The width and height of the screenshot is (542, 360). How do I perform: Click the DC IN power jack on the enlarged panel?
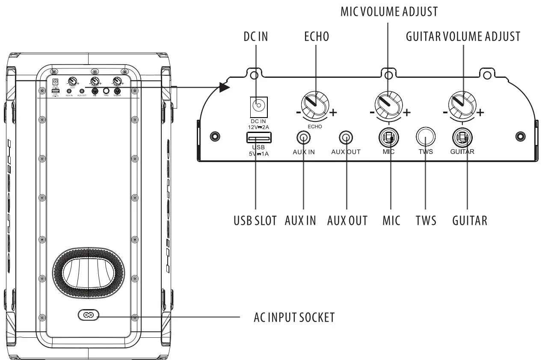click(x=258, y=105)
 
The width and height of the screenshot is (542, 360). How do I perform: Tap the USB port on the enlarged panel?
click(x=258, y=138)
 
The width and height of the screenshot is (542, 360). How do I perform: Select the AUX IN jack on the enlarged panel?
click(x=304, y=138)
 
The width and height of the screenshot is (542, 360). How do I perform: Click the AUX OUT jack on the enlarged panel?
click(x=346, y=138)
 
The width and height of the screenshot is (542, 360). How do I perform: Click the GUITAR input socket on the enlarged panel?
click(x=462, y=138)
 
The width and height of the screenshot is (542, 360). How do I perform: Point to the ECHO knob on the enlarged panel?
click(x=316, y=104)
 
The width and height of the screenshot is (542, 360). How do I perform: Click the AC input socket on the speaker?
click(x=88, y=316)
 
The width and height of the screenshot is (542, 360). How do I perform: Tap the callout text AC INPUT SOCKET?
click(x=294, y=318)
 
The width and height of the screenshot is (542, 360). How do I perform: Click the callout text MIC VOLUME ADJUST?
click(x=389, y=12)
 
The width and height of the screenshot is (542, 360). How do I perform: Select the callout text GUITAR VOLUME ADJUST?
click(x=462, y=37)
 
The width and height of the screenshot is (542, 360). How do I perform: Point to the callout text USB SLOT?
click(x=255, y=221)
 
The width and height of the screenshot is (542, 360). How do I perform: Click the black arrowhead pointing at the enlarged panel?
click(x=224, y=87)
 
